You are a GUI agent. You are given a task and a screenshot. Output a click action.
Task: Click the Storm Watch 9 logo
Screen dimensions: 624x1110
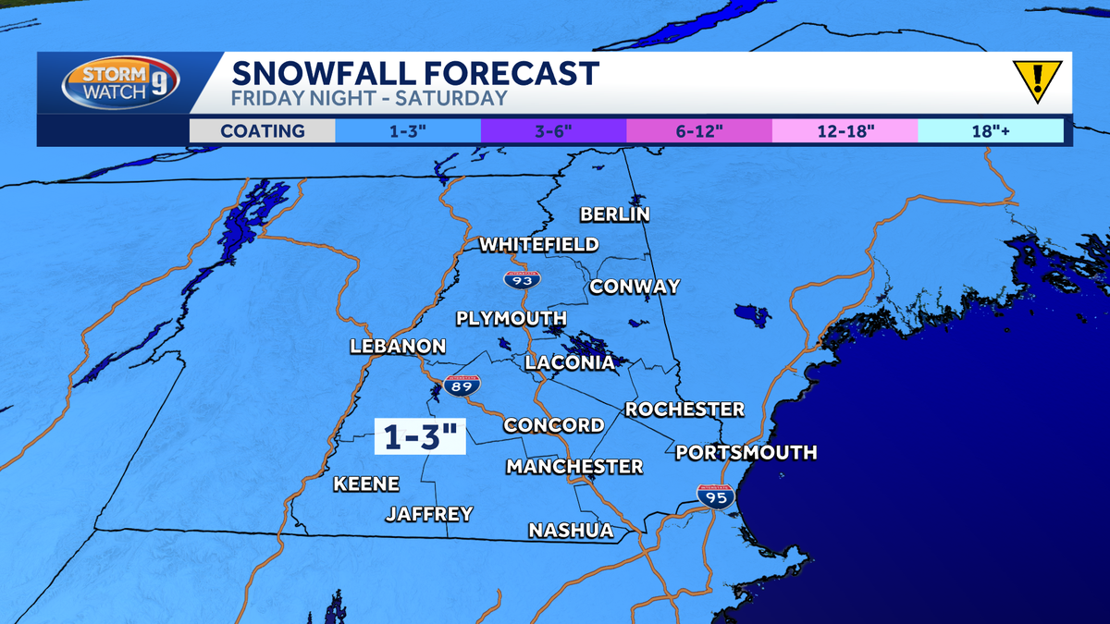(x=120, y=83)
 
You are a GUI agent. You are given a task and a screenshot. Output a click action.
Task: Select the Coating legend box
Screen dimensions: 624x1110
(x=262, y=130)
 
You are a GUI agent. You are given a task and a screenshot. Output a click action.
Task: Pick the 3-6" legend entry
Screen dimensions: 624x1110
(x=553, y=130)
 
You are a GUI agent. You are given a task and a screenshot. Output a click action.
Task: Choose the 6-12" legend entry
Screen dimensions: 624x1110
(x=698, y=130)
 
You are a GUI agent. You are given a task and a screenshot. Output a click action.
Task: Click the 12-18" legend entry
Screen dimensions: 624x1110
(x=844, y=130)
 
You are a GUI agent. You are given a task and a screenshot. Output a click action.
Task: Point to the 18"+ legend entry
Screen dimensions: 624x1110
(x=990, y=130)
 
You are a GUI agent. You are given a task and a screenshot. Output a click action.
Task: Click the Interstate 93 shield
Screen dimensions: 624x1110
(x=523, y=277)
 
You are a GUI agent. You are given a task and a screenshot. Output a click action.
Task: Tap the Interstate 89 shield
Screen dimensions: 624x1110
(x=462, y=385)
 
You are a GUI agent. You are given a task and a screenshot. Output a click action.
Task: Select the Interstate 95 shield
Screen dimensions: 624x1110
(x=716, y=496)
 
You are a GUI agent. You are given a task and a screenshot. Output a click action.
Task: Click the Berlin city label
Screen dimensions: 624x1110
(x=615, y=214)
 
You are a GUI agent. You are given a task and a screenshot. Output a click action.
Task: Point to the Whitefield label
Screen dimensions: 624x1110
(x=538, y=245)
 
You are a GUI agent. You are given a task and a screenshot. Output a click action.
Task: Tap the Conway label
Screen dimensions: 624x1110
(x=635, y=287)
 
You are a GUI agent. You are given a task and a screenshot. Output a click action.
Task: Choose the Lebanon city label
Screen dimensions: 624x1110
(x=398, y=347)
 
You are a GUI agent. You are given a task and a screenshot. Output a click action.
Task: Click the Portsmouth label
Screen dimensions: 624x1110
(x=746, y=452)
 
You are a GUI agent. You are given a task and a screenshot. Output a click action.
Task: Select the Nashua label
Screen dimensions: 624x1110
(x=571, y=531)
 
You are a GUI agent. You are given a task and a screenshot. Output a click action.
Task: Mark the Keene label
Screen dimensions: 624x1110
(x=366, y=483)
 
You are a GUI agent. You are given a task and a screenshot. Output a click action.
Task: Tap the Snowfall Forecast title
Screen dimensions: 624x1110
(x=414, y=72)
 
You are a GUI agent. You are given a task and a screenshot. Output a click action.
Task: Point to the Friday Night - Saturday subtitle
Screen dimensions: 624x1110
(x=369, y=99)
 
